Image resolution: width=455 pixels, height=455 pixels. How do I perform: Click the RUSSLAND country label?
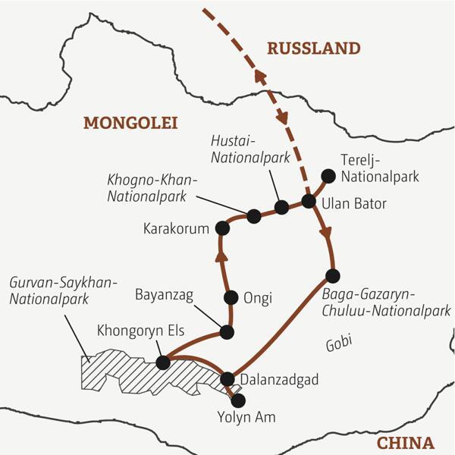pos(313,49)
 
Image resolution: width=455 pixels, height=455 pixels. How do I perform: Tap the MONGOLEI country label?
pos(130,123)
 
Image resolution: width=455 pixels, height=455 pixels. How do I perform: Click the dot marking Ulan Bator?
pos(309,201)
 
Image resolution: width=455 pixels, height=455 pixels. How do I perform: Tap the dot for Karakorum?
pos(222,227)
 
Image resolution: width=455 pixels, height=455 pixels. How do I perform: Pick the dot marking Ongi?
pos(232,297)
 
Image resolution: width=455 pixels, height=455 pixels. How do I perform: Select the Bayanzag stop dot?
pos(226,331)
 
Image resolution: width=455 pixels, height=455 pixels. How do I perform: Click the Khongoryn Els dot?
pos(162,362)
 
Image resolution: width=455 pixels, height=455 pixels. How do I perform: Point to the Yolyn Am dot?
pos(238,399)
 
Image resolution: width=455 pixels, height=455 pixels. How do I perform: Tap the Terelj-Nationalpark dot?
pos(328,176)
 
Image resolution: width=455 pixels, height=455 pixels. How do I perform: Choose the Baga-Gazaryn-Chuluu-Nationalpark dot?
pos(331,275)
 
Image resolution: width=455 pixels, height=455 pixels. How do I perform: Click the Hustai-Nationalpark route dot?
pos(281,207)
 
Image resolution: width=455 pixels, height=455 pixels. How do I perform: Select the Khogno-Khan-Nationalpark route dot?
pos(254,216)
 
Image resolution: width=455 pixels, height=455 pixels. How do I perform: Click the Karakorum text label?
pos(174,228)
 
